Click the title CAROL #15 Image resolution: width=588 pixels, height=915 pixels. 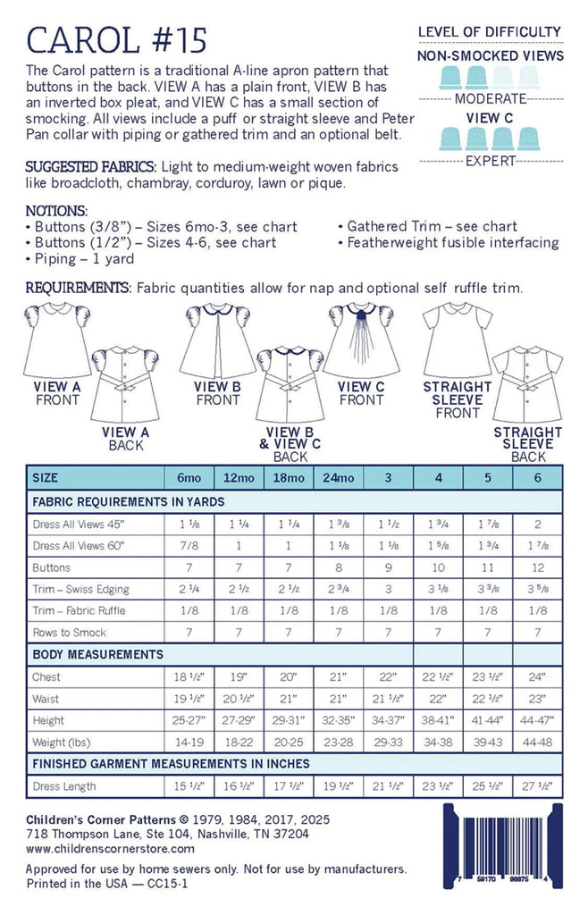(x=117, y=39)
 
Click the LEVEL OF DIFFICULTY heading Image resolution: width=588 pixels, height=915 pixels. (x=490, y=33)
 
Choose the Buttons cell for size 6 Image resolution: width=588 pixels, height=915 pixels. (x=537, y=567)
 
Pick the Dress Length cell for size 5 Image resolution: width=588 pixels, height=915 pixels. (x=489, y=787)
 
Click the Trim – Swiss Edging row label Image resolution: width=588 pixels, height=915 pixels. (x=80, y=589)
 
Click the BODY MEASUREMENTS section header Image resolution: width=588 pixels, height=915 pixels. (x=98, y=655)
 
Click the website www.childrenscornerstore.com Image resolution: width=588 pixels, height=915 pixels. (x=110, y=848)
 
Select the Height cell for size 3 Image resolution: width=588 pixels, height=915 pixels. (x=389, y=720)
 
